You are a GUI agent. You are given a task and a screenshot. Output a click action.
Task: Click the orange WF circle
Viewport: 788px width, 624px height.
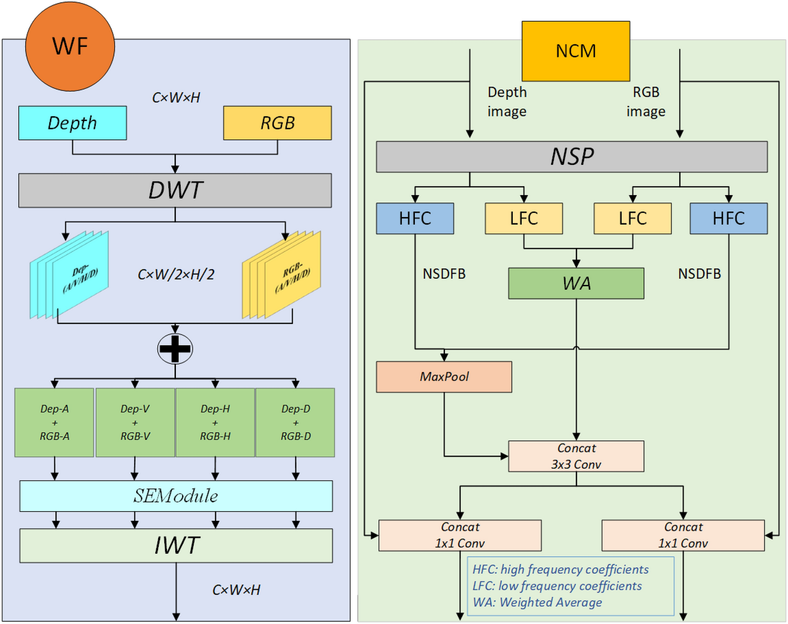click(70, 47)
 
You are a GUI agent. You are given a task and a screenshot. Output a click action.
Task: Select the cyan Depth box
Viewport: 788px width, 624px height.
click(72, 123)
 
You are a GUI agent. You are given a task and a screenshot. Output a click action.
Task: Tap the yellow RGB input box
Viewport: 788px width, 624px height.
click(277, 123)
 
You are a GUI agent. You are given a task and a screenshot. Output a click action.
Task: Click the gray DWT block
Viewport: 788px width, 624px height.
click(175, 190)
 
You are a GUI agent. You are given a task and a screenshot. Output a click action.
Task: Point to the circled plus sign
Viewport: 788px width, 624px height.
click(175, 349)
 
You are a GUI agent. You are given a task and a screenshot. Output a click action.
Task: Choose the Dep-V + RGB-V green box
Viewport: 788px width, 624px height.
click(135, 422)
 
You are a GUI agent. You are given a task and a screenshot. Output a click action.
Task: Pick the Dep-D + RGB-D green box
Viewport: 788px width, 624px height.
click(295, 422)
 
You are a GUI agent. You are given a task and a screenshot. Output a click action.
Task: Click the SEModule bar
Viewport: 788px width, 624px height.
click(176, 496)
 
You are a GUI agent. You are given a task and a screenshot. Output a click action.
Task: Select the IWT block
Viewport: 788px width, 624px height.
click(176, 546)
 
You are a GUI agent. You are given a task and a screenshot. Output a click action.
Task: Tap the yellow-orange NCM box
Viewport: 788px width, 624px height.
click(575, 51)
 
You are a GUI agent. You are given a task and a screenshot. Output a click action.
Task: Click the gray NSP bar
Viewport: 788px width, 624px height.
click(571, 157)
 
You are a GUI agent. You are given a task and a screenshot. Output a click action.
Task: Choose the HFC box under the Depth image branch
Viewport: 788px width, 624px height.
click(414, 218)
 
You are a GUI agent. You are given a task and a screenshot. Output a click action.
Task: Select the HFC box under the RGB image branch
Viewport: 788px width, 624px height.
click(728, 218)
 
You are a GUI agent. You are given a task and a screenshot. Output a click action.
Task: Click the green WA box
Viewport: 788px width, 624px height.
click(576, 283)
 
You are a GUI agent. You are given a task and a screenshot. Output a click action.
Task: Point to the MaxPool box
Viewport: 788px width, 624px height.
click(443, 377)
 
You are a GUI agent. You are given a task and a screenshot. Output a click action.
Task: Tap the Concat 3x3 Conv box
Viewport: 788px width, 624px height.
click(576, 456)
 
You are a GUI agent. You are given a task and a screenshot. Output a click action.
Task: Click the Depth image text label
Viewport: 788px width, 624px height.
click(507, 102)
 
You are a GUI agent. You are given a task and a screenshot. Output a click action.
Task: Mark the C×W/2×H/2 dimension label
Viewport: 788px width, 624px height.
click(175, 275)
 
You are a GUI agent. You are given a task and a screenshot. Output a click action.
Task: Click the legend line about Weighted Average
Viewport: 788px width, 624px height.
click(537, 603)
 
